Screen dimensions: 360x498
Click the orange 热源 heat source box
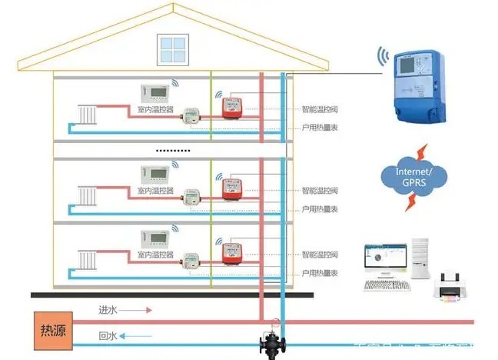[48, 329]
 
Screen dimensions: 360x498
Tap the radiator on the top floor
[88, 116]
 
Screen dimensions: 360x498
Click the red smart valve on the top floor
[232, 107]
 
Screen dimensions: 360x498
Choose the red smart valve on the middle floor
[232, 188]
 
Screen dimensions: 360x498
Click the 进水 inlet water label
[106, 310]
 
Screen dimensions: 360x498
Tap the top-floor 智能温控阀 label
[317, 108]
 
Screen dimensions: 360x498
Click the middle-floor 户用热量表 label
[317, 209]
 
